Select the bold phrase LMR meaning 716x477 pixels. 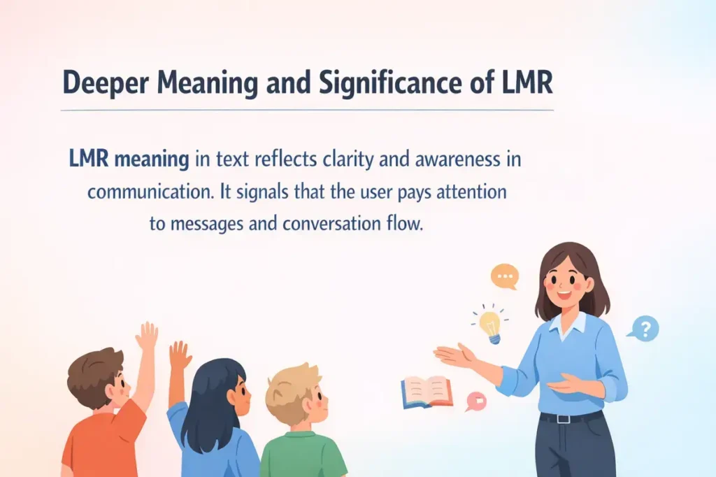(129, 159)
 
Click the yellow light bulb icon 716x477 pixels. (490, 325)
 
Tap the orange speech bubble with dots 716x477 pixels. (504, 276)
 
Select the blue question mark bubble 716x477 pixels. (644, 327)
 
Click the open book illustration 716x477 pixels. (427, 392)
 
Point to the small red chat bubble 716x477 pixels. (475, 400)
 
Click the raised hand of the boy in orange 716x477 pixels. (147, 336)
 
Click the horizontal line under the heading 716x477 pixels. (307, 111)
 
